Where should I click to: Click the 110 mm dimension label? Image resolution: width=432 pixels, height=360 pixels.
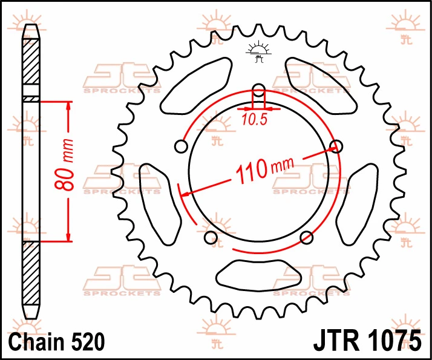pyautogui.click(x=264, y=169)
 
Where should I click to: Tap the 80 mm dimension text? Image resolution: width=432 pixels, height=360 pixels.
pyautogui.click(x=65, y=165)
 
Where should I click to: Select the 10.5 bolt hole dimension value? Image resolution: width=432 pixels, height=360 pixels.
pyautogui.click(x=255, y=120)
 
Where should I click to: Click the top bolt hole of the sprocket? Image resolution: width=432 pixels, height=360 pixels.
pyautogui.click(x=259, y=90)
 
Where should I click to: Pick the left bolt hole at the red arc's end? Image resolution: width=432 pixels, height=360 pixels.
pyautogui.click(x=182, y=146)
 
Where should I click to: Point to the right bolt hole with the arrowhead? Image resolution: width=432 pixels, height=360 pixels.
pyautogui.click(x=336, y=146)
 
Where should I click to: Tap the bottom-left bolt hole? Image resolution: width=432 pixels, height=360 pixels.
pyautogui.click(x=211, y=237)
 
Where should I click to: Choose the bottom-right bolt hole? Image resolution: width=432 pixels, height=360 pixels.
pyautogui.click(x=306, y=237)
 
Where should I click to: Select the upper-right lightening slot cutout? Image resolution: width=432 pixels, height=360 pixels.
pyautogui.click(x=321, y=86)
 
